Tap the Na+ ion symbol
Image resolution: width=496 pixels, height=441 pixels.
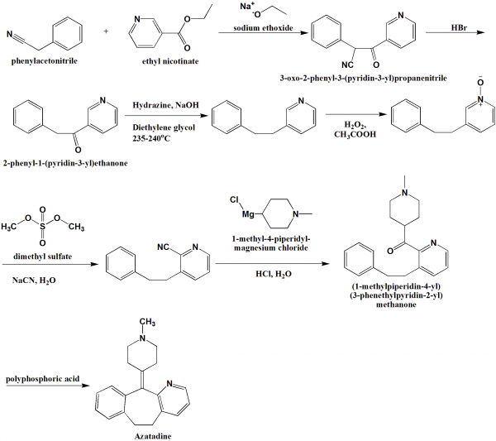pyautogui.click(x=246, y=7)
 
